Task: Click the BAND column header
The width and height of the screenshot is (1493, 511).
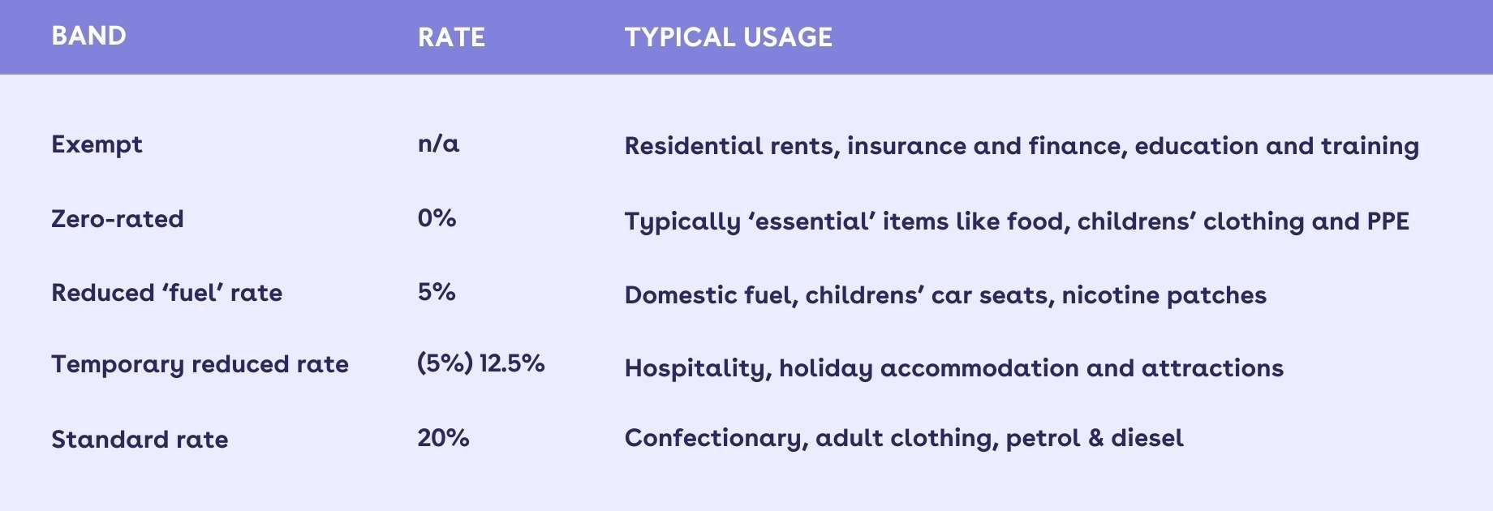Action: coord(88,36)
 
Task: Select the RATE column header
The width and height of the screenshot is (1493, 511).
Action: coord(451,37)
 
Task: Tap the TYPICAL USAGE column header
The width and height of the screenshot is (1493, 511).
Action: coord(728,37)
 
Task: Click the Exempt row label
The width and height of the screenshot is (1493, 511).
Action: coord(97,145)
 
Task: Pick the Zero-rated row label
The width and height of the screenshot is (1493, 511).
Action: coord(118,219)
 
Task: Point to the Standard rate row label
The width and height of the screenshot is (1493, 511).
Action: coord(140,440)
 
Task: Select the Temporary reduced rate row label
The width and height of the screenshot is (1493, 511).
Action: coord(200,365)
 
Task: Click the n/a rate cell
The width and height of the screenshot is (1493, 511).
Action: coord(438,144)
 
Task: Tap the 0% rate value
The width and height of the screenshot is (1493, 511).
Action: coord(437,218)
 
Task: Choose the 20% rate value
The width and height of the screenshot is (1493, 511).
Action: coord(443,438)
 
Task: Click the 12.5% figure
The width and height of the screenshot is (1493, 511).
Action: coord(512,363)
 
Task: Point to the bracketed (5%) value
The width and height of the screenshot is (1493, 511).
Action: coord(445,363)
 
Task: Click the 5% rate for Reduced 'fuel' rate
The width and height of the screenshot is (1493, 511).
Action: coord(437,292)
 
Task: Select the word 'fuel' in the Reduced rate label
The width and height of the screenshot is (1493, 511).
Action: coord(192,292)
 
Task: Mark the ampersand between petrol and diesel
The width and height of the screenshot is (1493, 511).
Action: coord(1095,439)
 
